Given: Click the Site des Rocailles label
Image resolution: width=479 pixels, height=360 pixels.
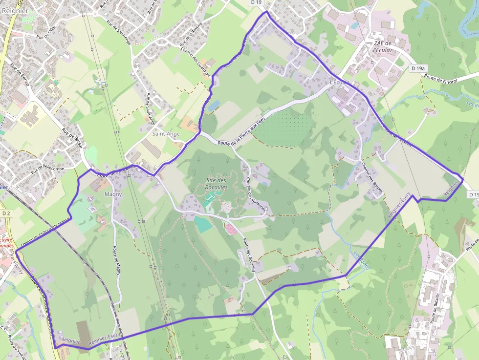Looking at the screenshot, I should (217, 184).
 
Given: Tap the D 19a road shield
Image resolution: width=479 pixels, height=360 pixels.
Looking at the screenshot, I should (418, 68).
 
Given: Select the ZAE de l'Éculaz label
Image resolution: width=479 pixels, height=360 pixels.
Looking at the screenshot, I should (383, 46).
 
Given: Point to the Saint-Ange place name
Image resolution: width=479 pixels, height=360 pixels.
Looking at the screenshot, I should (166, 133).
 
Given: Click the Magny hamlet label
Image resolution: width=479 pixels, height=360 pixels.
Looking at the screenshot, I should (113, 194).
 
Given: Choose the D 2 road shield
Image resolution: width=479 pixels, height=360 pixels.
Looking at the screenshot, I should (6, 213).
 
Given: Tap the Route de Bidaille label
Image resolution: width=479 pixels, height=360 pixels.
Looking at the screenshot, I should (435, 308).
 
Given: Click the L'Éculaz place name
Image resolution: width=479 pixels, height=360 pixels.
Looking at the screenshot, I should (340, 82).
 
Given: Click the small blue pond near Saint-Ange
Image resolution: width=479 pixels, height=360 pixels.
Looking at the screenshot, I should (214, 105).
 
